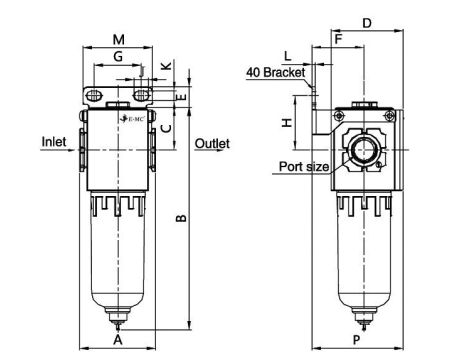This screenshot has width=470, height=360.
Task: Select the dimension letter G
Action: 119,58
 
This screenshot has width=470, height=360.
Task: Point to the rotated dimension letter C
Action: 166,127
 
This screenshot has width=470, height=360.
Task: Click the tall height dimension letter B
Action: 181,222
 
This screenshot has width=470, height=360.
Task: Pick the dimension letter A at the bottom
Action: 118,341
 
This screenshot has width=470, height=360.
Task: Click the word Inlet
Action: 54,142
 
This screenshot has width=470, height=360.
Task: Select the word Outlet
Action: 212,144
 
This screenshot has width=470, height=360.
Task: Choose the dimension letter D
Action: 367,21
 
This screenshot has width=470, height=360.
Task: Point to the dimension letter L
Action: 288,55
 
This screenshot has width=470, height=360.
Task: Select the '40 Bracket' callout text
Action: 275,71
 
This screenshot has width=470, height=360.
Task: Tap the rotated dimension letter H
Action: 286,122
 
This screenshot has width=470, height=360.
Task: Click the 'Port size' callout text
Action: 302,166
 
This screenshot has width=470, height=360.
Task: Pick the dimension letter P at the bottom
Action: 357,341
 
